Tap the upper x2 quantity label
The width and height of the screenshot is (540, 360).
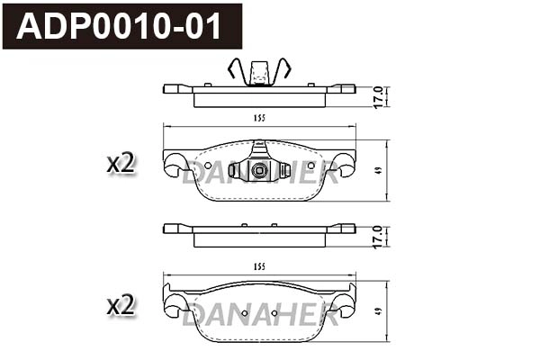120,164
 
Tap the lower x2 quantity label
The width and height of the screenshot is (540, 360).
120,305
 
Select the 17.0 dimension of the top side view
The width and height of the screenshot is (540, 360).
379,95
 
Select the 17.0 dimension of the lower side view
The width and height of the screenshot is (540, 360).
379,236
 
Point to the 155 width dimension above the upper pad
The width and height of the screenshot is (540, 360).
258,118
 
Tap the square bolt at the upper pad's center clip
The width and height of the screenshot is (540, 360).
259,171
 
